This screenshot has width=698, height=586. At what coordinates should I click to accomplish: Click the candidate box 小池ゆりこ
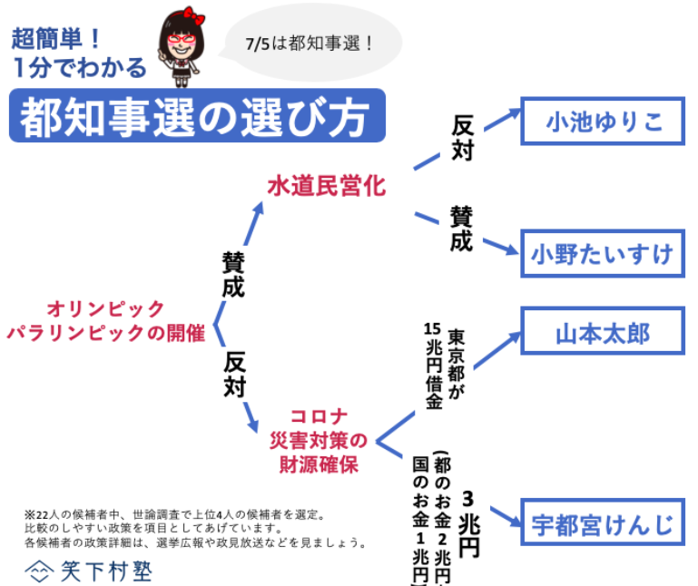[603, 122]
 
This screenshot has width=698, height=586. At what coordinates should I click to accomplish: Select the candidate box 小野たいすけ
[603, 253]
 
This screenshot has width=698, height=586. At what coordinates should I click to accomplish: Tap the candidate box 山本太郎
[603, 333]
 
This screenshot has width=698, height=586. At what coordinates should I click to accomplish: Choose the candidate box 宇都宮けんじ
[603, 523]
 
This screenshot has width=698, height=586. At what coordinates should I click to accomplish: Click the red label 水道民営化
[326, 186]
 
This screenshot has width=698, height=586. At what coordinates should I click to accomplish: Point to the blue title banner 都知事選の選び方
[196, 116]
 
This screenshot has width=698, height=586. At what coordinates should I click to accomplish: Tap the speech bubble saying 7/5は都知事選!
[310, 44]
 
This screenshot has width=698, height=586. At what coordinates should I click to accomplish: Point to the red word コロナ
[319, 417]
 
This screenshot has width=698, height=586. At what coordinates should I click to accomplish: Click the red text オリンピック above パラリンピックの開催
[106, 308]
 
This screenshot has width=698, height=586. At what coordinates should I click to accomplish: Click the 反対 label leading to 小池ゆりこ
[462, 138]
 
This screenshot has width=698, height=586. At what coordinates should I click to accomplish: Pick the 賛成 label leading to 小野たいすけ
[461, 229]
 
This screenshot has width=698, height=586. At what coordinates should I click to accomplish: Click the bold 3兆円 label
[468, 523]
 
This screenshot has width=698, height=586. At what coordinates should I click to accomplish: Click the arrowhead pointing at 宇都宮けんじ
[516, 524]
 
